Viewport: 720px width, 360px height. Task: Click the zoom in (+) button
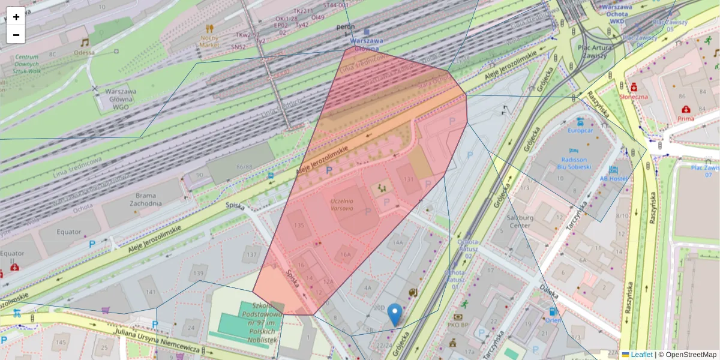tap(16, 17)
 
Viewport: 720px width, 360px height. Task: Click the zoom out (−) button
tap(16, 34)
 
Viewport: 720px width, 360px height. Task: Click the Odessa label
tap(85, 52)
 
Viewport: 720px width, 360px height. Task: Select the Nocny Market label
tap(209, 41)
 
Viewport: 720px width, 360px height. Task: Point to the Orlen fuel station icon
tap(552, 312)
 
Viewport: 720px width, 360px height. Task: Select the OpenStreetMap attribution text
tap(691, 355)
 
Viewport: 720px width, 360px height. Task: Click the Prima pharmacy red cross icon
tap(685, 109)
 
